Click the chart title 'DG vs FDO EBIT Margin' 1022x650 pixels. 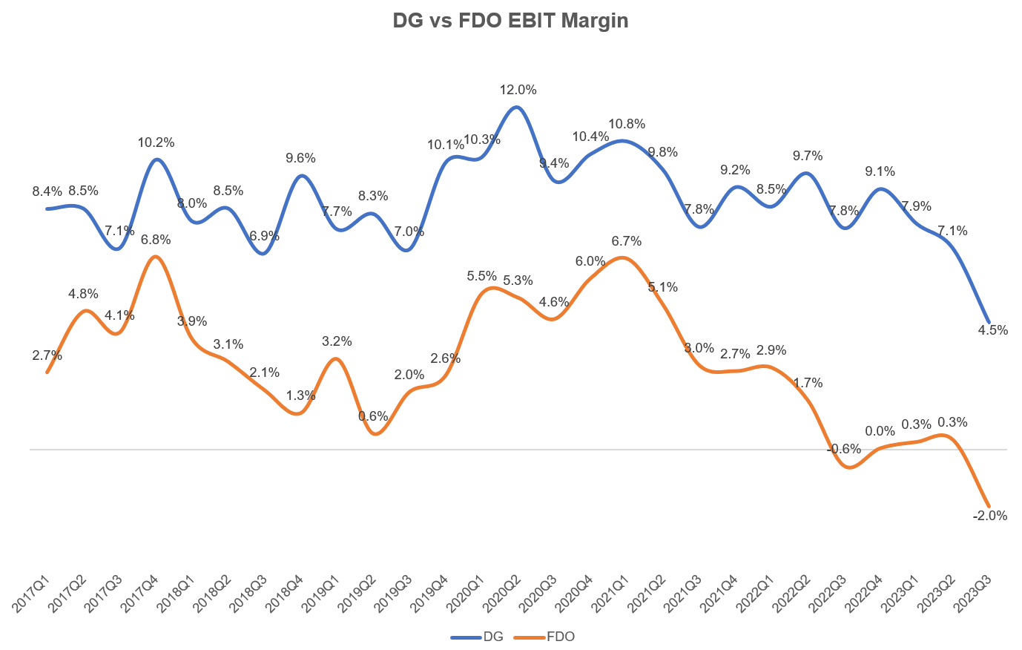point(510,21)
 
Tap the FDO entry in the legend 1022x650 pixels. point(560,637)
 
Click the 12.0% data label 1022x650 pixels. point(518,90)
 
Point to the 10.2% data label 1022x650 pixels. point(156,142)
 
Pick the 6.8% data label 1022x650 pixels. point(156,240)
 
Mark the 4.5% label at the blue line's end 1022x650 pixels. point(993,330)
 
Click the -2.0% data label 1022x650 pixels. point(990,515)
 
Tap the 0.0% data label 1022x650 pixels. point(880,431)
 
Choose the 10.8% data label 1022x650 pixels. point(627,124)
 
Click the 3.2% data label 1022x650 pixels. point(337,341)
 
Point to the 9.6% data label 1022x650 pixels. point(300,157)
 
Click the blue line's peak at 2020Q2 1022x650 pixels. point(518,107)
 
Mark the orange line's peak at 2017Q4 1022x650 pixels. point(155,257)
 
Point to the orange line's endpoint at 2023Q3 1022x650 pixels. point(989,507)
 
